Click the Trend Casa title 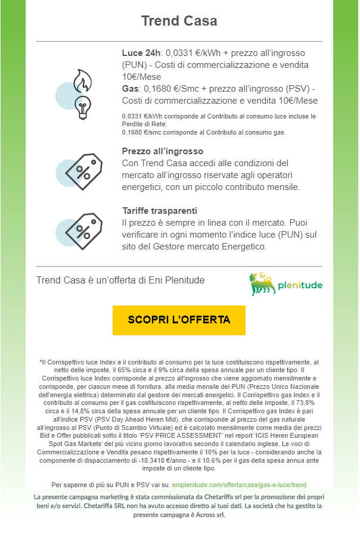(179, 21)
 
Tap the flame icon (81, 80)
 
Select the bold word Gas (130, 89)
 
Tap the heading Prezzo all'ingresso (162, 151)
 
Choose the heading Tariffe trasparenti (159, 211)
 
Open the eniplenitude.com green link (239, 485)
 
